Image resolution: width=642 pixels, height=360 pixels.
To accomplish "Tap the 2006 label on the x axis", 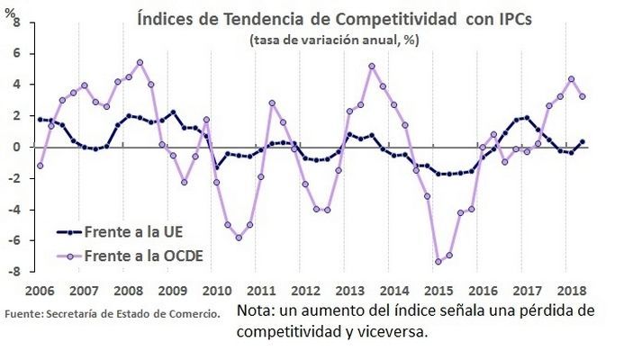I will tap(39, 292).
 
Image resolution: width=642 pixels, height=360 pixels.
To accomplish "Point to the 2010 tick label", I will tap(216, 292).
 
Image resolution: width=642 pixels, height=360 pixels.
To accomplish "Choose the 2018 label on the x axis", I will tap(570, 292).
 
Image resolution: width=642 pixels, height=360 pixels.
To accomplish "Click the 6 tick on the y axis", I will tap(14, 52).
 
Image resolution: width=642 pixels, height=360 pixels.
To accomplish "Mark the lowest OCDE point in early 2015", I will tap(439, 262).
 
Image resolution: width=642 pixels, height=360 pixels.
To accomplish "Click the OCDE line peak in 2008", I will tap(140, 62).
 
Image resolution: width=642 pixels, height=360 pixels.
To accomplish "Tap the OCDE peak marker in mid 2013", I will tap(372, 66).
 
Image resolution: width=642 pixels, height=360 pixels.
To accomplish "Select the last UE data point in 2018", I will tap(583, 142).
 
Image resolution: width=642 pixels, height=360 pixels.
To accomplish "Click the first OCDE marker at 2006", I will tap(40, 166).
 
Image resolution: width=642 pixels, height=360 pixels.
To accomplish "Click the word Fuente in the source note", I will tap(23, 313).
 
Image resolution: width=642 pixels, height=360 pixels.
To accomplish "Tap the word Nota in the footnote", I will tap(256, 310).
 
